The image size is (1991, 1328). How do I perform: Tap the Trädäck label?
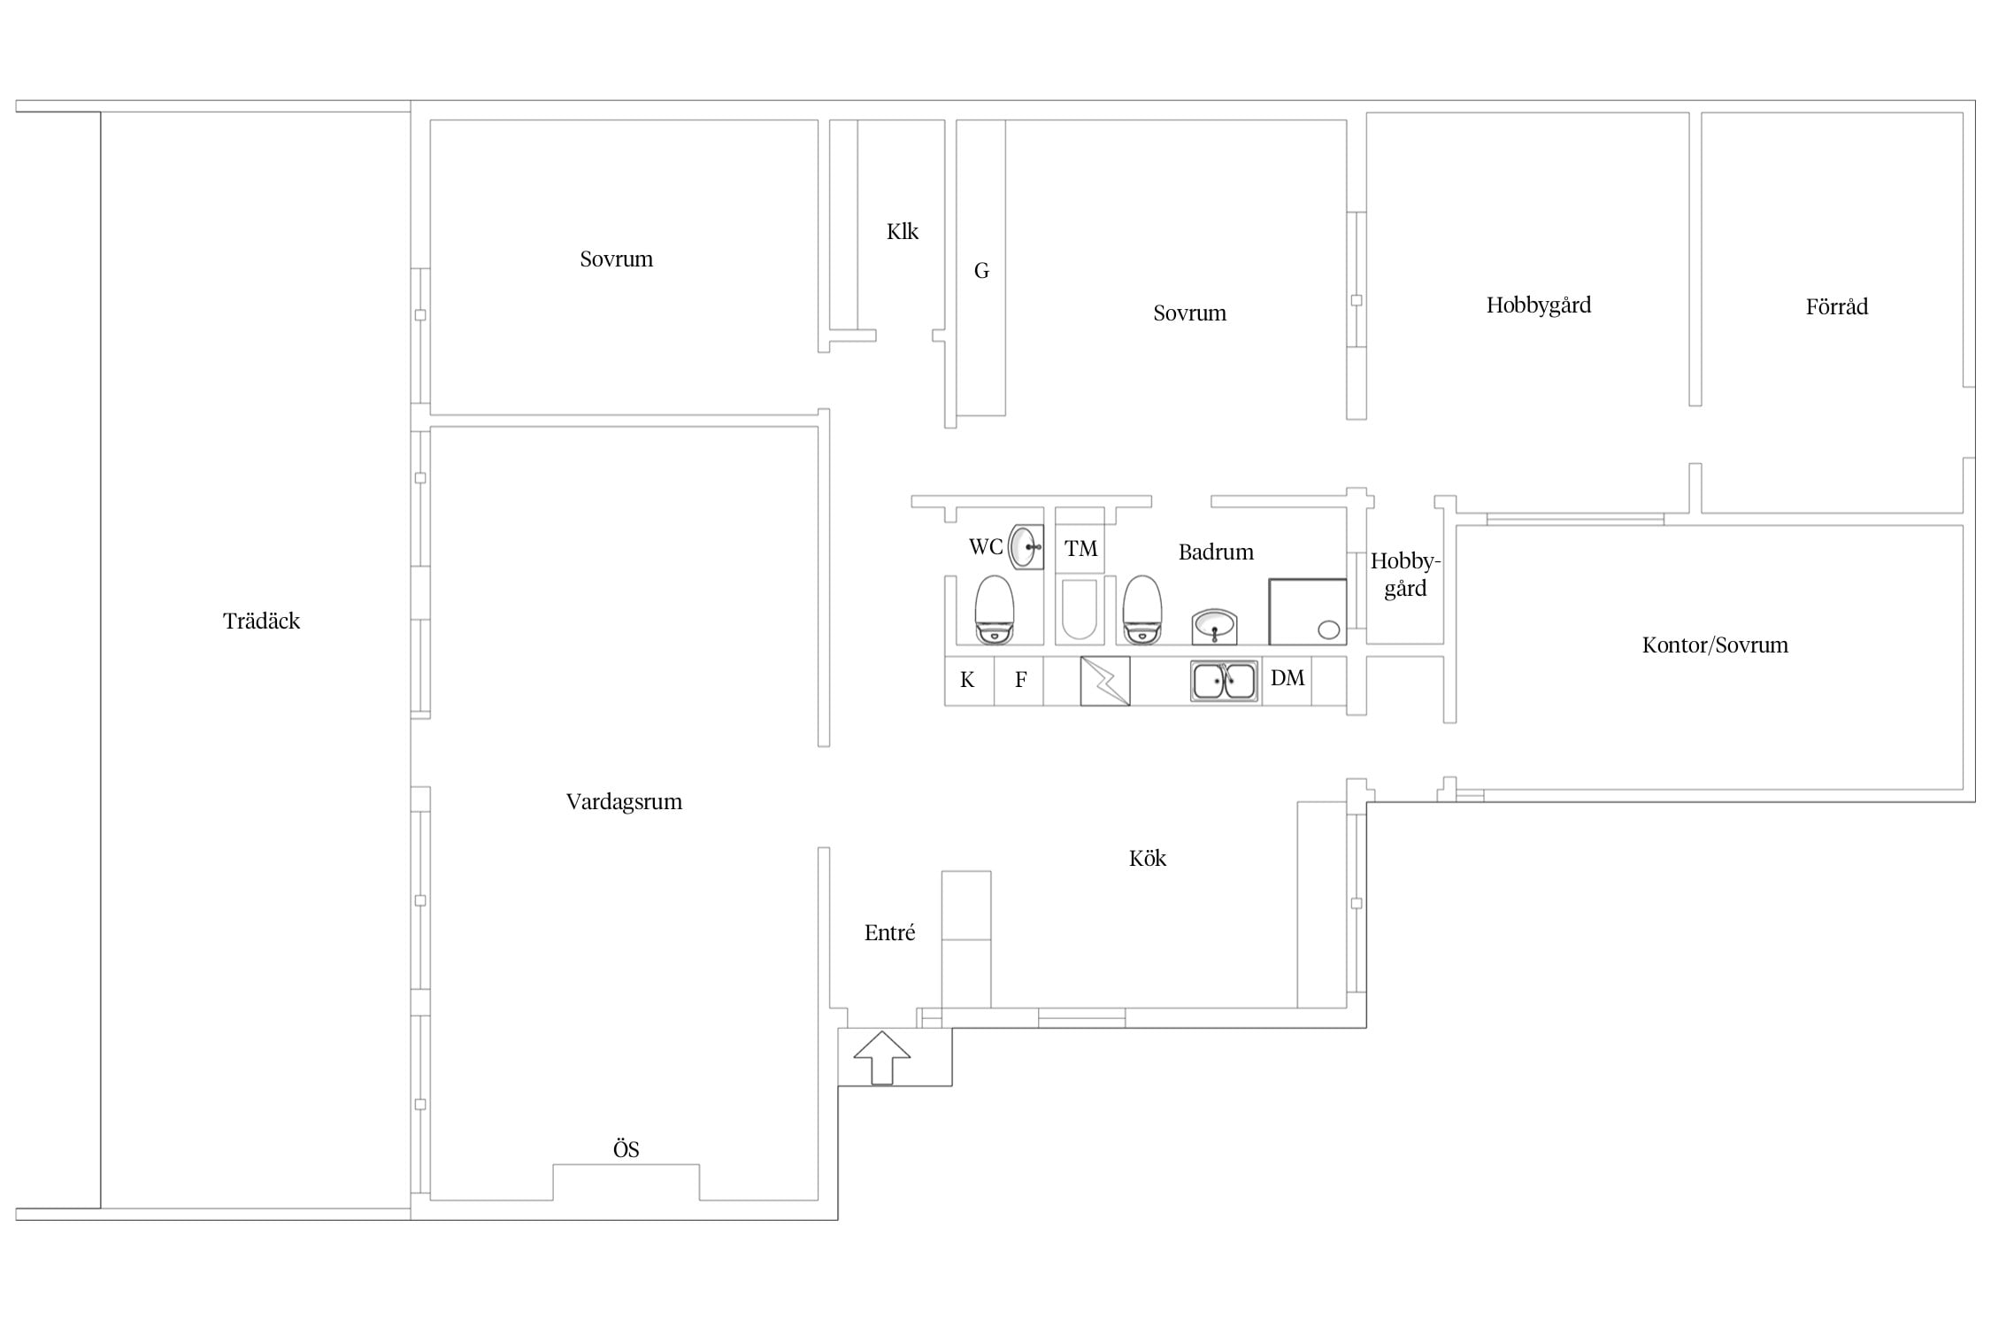(261, 621)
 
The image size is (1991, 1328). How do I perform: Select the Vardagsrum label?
(624, 802)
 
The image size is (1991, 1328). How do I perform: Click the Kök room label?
(1148, 858)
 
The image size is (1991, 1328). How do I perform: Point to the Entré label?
(889, 932)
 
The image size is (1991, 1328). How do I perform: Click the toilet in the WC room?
(994, 610)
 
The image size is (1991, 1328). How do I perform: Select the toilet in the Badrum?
(1142, 610)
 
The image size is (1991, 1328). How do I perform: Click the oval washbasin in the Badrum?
(1214, 627)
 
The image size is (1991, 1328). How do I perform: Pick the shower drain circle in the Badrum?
(1329, 630)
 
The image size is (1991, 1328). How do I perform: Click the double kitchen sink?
(1224, 681)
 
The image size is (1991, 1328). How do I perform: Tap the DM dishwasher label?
(1288, 678)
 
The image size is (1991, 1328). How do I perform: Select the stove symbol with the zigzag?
(1105, 681)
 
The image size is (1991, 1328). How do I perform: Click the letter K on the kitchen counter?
(967, 680)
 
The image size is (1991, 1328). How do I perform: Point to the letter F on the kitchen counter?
(1020, 680)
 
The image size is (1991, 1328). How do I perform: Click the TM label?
(1080, 549)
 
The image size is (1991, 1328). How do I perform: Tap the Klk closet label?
(903, 231)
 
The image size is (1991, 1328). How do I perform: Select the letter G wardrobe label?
(981, 271)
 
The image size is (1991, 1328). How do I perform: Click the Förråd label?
(1837, 306)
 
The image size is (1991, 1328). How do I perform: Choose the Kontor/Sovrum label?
(1715, 645)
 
